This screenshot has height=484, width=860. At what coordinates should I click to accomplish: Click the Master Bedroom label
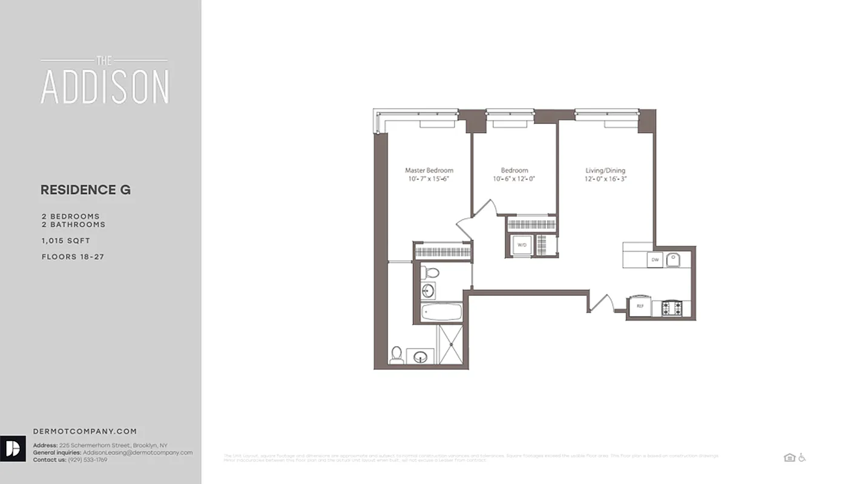tap(428, 171)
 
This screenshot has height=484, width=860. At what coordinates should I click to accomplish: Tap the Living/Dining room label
tap(605, 171)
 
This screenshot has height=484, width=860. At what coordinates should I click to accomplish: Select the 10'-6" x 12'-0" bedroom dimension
tap(514, 179)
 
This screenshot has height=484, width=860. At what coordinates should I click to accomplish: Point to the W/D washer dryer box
tap(521, 245)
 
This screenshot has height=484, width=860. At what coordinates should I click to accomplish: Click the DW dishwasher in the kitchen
tap(655, 260)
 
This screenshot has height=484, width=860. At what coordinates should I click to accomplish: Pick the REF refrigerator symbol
tap(640, 306)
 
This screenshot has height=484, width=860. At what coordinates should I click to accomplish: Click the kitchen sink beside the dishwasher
tap(674, 260)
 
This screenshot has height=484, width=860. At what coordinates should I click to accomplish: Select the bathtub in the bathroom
tap(441, 312)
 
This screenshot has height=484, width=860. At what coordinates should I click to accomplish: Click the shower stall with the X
tap(450, 344)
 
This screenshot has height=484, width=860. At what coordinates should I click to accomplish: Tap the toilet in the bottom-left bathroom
tap(397, 355)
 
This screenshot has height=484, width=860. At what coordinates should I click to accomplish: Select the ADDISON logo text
tap(105, 87)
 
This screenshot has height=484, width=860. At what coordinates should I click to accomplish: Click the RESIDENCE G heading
tap(85, 190)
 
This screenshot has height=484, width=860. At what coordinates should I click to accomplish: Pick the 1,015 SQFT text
tap(65, 241)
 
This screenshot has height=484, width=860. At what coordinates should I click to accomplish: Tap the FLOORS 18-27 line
tap(73, 257)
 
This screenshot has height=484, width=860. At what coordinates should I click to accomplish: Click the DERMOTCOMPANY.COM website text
tap(85, 431)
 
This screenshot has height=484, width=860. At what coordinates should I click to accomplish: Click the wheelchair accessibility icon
tap(802, 457)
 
